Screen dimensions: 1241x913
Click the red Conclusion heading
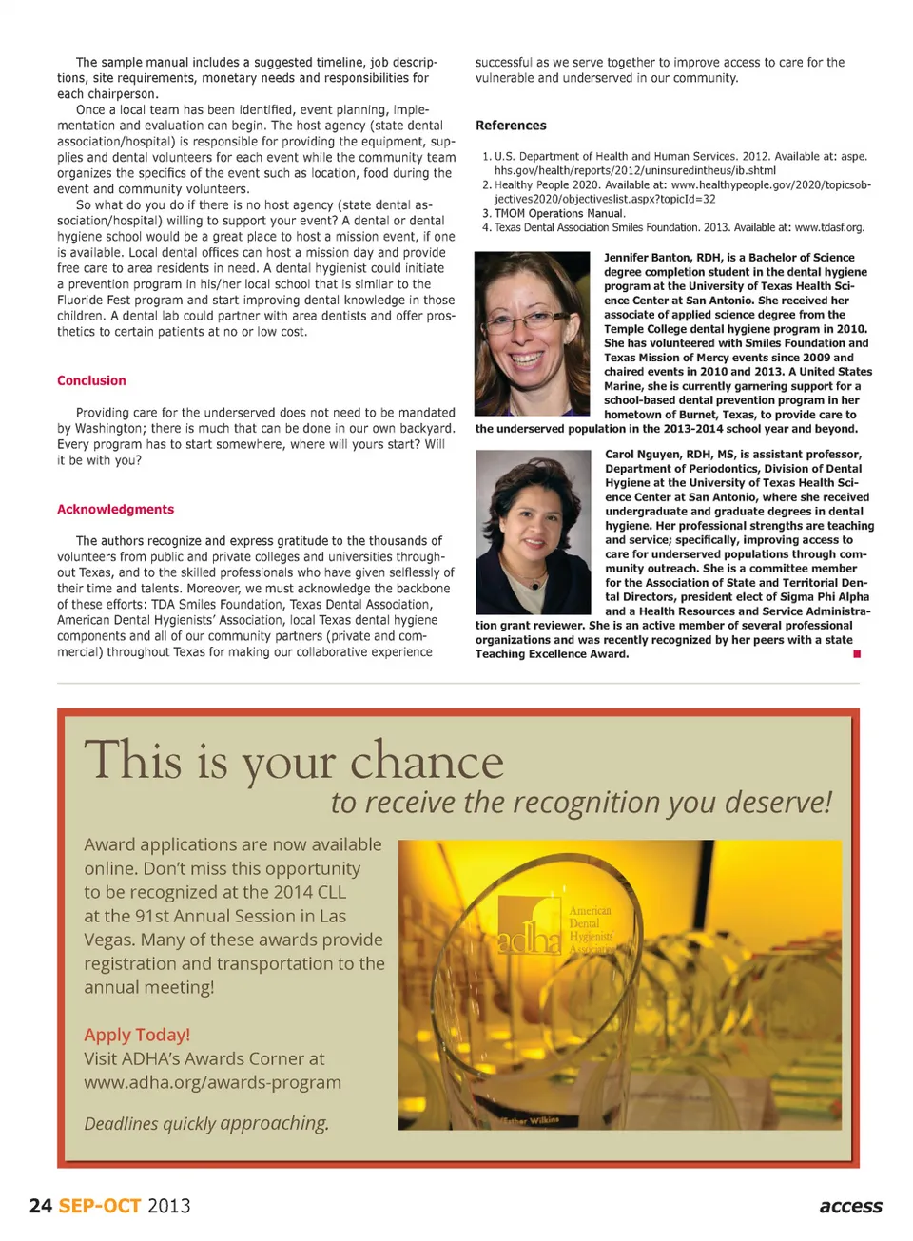pos(91,380)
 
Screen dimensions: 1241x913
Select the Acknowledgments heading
pos(115,509)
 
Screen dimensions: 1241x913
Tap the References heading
pos(511,126)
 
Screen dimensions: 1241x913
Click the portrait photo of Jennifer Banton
pos(532,333)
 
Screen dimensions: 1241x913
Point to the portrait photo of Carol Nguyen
pos(533,532)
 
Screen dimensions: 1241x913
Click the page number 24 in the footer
pos(40,1206)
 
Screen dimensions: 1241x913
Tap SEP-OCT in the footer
pos(100,1206)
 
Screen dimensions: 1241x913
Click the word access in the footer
pos(850,1206)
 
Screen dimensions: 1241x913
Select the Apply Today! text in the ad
pos(137,1035)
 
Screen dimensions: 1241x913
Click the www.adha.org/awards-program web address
pos(212,1082)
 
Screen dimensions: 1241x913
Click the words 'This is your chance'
pos(294,761)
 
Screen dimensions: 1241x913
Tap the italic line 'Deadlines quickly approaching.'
pos(206,1123)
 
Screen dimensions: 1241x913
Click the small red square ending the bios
pos(857,654)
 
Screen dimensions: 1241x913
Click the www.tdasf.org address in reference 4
pos(828,228)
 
